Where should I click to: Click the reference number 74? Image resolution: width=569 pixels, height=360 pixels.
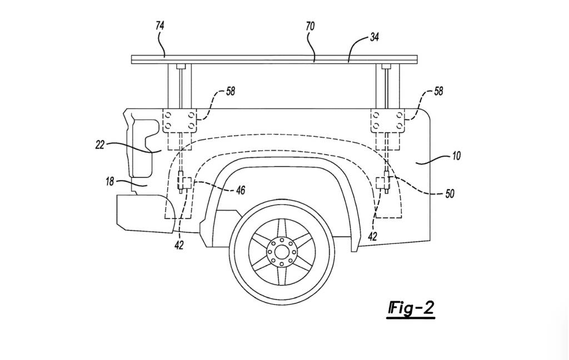click(160, 25)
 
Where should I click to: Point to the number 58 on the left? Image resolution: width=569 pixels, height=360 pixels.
click(229, 92)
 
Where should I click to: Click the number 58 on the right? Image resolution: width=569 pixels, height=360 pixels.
click(438, 92)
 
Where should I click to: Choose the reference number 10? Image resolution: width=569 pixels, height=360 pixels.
click(456, 156)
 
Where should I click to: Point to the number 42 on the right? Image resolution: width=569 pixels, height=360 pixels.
click(373, 236)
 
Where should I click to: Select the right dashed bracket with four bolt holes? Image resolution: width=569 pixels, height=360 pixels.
click(388, 121)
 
